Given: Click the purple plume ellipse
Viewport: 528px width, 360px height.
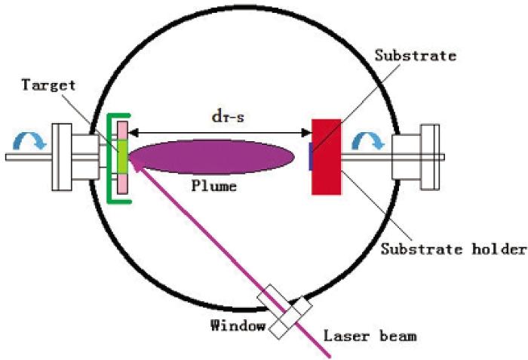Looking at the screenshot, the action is [211, 157].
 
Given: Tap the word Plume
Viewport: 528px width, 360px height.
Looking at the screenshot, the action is [214, 186].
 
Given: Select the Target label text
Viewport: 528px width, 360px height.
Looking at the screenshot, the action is [48, 85].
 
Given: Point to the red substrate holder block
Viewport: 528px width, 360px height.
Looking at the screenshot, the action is [327, 157].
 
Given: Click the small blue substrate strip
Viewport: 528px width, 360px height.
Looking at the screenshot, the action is [311, 156].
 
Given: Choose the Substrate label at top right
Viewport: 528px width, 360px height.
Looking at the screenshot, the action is [416, 56].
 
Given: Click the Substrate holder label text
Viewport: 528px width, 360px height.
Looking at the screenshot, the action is [453, 249].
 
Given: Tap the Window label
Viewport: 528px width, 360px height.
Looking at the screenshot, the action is [238, 325].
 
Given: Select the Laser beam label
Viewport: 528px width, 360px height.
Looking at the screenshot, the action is [370, 336].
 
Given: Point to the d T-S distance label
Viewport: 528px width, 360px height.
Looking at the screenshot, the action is [228, 117].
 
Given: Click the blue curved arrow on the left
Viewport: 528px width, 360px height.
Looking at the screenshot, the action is [29, 140].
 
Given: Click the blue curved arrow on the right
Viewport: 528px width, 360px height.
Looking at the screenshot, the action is [368, 140].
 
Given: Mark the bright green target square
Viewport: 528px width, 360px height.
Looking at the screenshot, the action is [122, 157].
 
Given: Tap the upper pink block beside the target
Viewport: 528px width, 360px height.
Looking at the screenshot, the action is [122, 131].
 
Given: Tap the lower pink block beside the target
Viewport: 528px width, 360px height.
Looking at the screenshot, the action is [122, 183].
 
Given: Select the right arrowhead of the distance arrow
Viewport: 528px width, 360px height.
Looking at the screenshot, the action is [308, 133].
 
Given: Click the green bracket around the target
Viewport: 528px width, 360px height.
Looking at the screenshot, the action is [109, 158].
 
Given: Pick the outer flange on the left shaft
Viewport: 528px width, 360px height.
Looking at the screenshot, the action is [62, 157].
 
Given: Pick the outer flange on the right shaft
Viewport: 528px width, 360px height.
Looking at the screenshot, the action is [430, 157].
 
